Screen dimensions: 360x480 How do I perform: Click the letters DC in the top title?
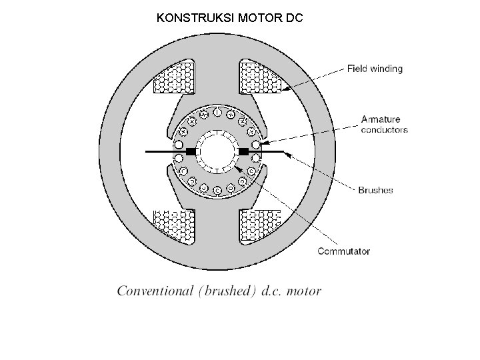coord(294,18)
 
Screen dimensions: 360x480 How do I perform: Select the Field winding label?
coord(375,69)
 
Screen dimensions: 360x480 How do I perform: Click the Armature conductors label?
coord(384,125)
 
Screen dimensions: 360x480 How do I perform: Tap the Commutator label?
coord(344,251)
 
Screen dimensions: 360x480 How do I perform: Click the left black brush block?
coord(191,153)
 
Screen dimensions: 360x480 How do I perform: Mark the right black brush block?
coord(243,153)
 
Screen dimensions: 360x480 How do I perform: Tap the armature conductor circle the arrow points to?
coord(255,144)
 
